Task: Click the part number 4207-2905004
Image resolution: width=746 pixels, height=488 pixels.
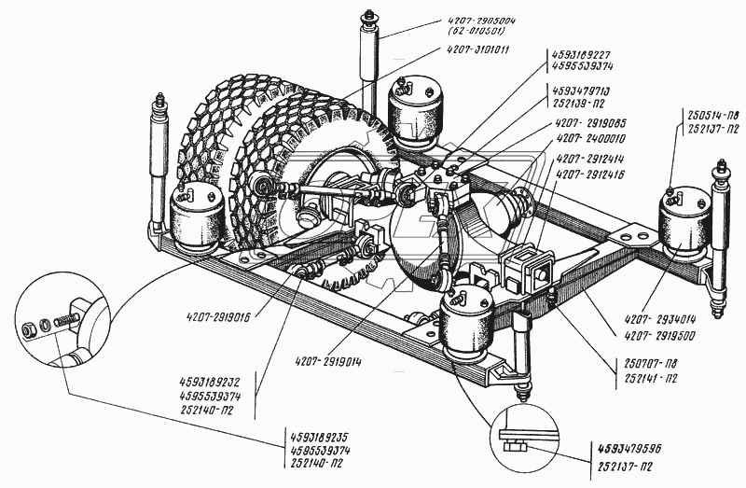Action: pos(489,21)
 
